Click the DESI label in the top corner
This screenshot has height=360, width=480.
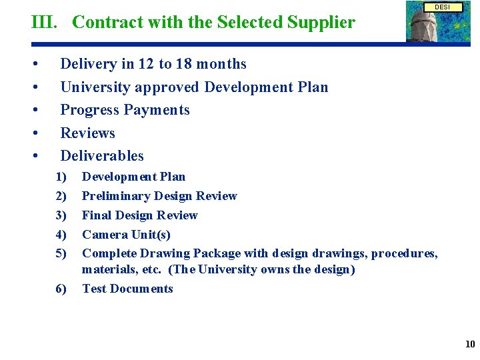[x=442, y=7]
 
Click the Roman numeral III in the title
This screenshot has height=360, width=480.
[x=45, y=23]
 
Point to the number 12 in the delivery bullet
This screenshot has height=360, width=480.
[x=146, y=64]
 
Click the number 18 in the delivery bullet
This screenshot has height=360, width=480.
[x=184, y=64]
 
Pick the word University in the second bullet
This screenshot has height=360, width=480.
[x=95, y=87]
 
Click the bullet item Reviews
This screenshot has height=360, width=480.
[x=87, y=133]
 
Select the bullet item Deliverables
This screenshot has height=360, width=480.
[x=102, y=155]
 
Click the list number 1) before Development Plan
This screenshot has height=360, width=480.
[x=62, y=177]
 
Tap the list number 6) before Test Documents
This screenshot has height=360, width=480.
[x=62, y=289]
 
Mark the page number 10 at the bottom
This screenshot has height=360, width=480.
[x=469, y=344]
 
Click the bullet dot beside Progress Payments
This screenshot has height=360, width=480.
[x=33, y=110]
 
